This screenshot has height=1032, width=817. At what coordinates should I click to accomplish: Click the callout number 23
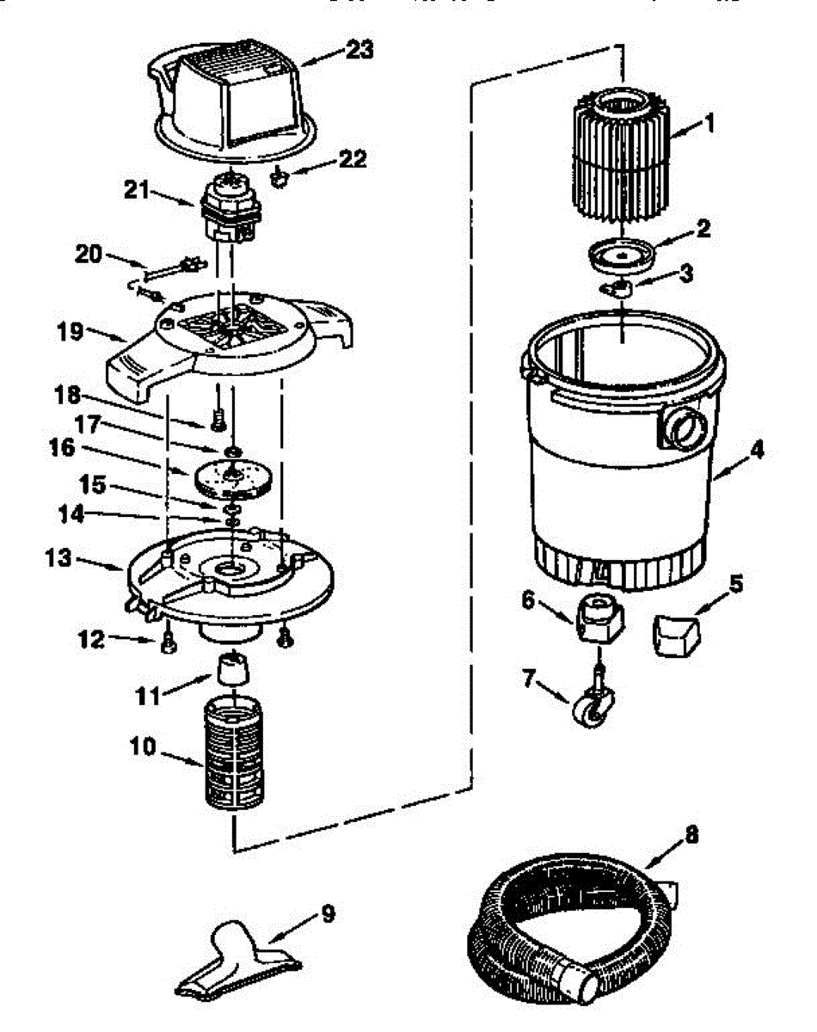click(359, 49)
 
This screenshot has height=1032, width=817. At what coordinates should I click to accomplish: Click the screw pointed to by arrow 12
click(169, 643)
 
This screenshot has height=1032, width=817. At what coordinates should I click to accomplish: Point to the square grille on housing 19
click(230, 329)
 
